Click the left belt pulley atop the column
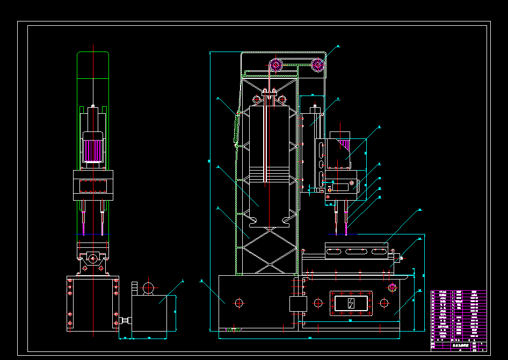click(275, 66)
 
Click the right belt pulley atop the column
click(318, 65)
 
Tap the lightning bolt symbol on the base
click(351, 303)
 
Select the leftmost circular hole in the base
click(239, 303)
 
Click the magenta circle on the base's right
click(392, 288)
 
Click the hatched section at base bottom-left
click(234, 329)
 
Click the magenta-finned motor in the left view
click(92, 147)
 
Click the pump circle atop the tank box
click(148, 288)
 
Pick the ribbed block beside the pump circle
click(134, 288)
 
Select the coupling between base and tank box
click(125, 320)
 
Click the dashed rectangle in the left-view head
click(92, 186)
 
